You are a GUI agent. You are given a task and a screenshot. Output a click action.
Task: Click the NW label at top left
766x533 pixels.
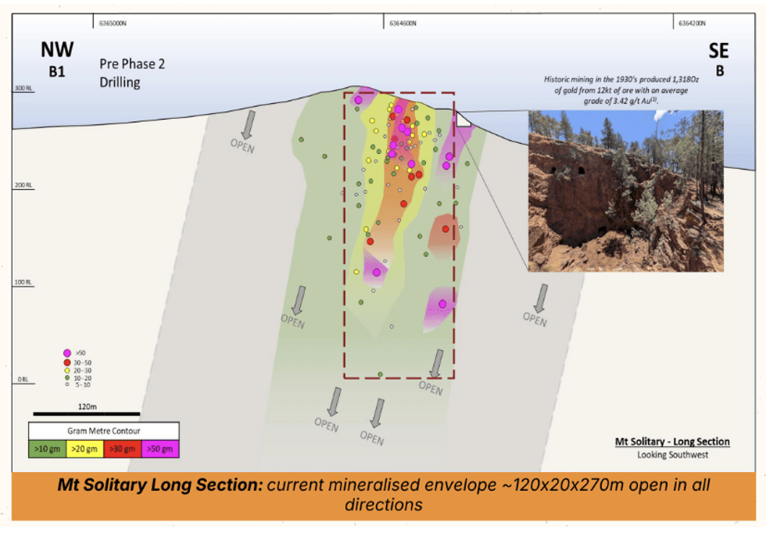coord(57,50)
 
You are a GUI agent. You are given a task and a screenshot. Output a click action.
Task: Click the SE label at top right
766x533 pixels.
coord(718,52)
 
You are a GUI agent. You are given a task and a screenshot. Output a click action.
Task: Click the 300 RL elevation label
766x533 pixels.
coord(21,89)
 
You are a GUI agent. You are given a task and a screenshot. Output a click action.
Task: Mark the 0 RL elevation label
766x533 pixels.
coord(21,380)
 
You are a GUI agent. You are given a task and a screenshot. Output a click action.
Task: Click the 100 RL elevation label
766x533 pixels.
coord(21,282)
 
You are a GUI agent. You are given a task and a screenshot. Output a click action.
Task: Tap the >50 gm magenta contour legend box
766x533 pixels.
coord(160,449)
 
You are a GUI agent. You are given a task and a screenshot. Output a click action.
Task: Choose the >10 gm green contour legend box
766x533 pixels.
coord(48,449)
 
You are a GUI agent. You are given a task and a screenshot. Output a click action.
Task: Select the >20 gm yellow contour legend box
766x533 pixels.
coord(85,449)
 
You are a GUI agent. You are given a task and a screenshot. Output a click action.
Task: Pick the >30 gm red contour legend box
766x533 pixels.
coord(123,449)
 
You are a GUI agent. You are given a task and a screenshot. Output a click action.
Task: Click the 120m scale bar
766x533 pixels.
coord(86,413)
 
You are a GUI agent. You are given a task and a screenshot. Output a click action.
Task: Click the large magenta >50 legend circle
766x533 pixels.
coord(68,353)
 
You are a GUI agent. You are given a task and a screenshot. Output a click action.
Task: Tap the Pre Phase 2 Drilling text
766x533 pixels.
coord(131,73)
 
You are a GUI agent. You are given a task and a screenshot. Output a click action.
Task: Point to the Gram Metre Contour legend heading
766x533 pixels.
coord(104,431)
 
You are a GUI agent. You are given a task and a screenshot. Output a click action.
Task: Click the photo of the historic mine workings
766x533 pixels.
coord(625,191)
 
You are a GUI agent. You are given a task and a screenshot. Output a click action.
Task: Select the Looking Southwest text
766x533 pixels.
coord(672,455)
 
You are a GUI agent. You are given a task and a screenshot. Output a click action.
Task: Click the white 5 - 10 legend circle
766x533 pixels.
coord(68,384)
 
